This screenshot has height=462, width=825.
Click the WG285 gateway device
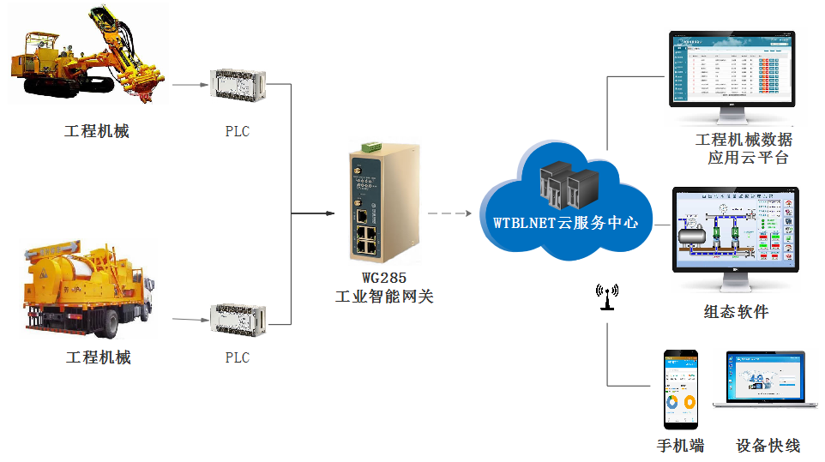point(382,206)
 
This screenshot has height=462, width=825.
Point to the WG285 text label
point(383,278)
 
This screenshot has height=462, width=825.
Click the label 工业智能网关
point(383,297)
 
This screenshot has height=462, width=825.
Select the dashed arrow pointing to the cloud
point(451,213)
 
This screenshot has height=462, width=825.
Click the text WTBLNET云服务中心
point(566,222)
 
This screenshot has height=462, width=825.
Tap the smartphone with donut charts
point(681,388)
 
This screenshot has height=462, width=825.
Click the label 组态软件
point(736,311)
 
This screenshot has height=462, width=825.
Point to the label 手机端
point(680,446)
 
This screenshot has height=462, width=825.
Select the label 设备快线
point(768,446)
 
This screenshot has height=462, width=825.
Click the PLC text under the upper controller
point(238,132)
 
